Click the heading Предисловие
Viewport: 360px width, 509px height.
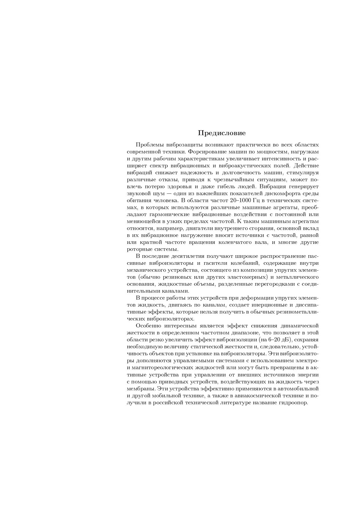click(x=222, y=133)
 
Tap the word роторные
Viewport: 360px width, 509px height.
click(x=138, y=249)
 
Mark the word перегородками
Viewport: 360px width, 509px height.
click(x=274, y=284)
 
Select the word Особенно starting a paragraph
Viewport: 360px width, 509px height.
click(x=148, y=326)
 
